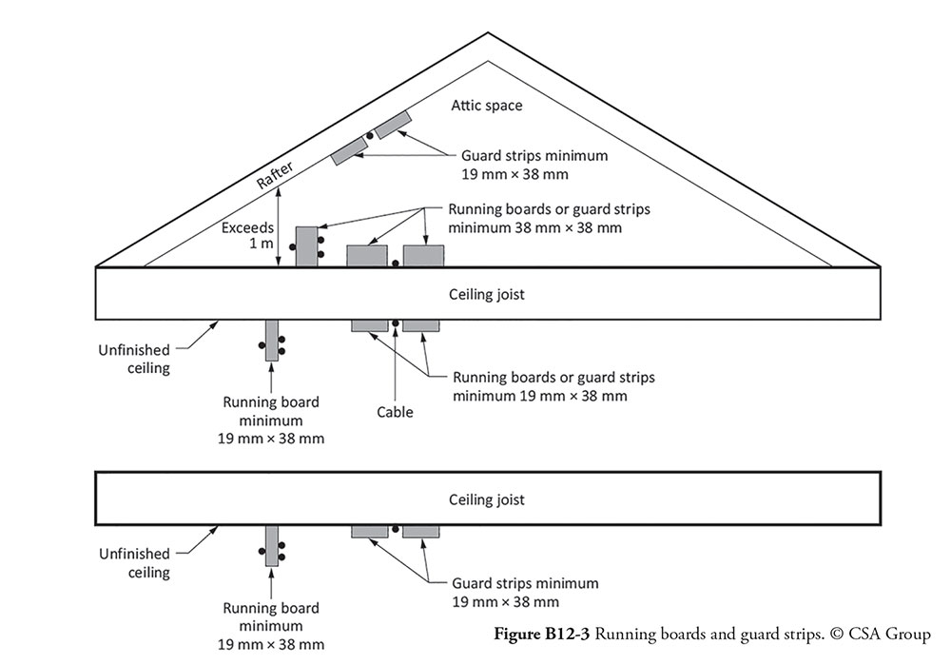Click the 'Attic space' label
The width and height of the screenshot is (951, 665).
pos(486,106)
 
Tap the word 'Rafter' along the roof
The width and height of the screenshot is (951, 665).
pos(275,175)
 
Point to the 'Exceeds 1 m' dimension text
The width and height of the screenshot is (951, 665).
pos(247,235)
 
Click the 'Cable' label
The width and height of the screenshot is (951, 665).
pos(395,412)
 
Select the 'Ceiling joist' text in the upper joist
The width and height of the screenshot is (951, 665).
pos(486,294)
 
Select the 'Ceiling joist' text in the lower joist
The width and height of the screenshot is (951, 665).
pos(486,500)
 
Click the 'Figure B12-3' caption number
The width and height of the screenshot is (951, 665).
pos(542,634)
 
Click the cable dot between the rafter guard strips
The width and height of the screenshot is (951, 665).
pos(370,135)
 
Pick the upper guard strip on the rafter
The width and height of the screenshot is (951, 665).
pos(393,125)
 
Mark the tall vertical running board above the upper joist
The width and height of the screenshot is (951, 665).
pos(307,246)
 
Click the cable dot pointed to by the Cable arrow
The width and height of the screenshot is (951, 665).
pos(396,323)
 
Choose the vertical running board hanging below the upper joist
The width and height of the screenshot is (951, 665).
pos(272,341)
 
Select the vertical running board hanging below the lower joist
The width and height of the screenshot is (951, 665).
pos(272,545)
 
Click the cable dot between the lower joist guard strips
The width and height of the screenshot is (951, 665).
pos(396,529)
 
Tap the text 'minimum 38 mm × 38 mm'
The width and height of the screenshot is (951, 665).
pos(534,228)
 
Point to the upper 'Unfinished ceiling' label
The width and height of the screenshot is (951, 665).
pos(134,360)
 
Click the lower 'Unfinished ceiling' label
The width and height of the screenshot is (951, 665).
pos(134,563)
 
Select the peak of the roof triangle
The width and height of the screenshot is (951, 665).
pos(488,32)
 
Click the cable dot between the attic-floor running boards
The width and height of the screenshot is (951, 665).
pos(396,264)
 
